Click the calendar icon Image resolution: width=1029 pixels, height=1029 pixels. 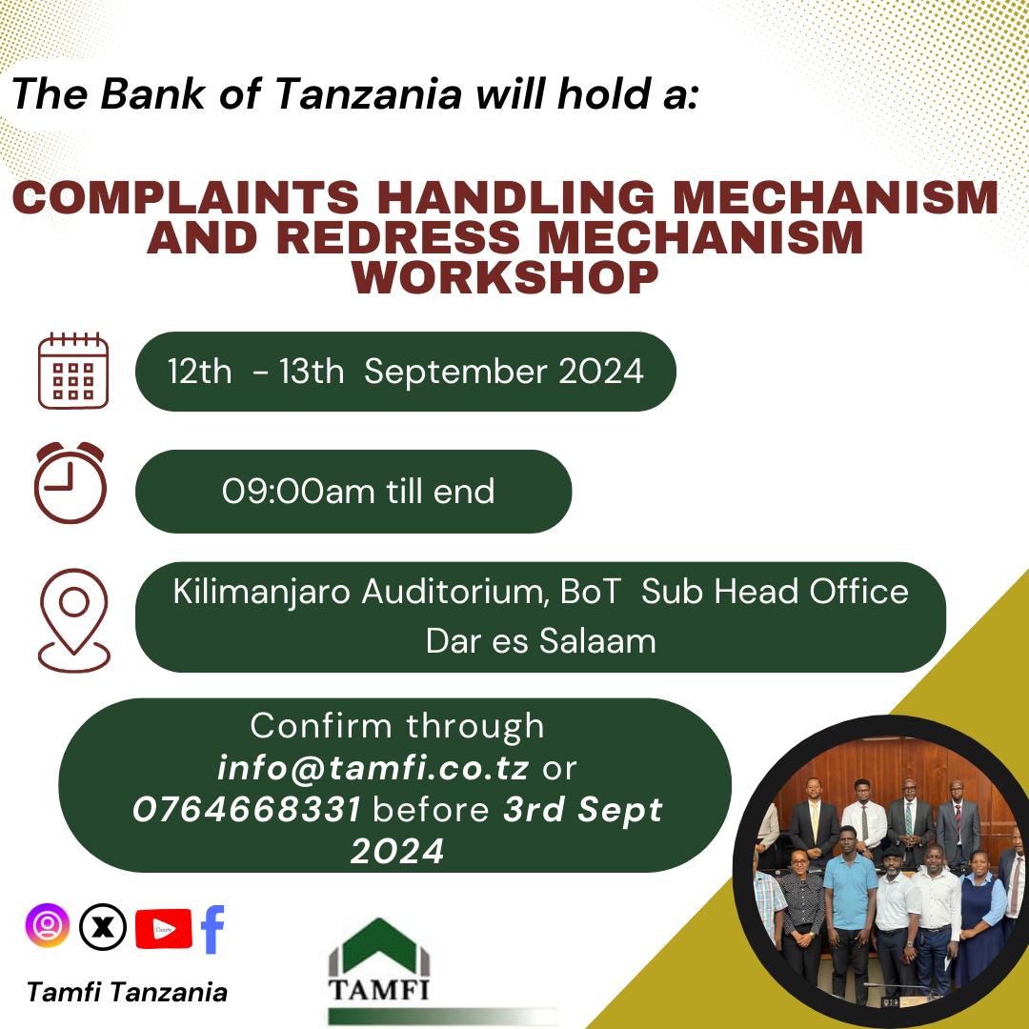click(x=73, y=371)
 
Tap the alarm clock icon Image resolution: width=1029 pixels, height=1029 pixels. click(x=70, y=483)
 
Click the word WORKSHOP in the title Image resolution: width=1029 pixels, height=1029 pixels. click(x=505, y=277)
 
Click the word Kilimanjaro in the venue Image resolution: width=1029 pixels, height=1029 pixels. click(x=260, y=592)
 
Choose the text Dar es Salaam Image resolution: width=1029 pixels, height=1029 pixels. click(x=540, y=640)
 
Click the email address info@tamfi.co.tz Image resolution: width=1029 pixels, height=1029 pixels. click(x=373, y=767)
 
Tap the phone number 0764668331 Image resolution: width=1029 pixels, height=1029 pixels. click(x=247, y=810)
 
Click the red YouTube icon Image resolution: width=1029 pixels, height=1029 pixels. click(x=163, y=928)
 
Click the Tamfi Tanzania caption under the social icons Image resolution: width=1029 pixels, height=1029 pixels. click(x=128, y=992)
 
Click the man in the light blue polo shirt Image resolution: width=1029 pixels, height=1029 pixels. click(x=849, y=905)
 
